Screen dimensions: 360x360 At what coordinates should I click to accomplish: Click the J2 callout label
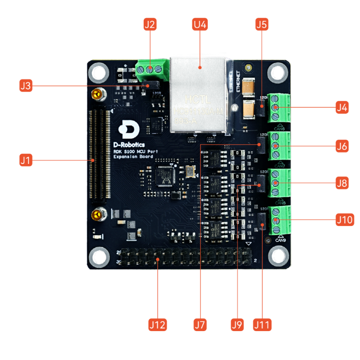(149, 24)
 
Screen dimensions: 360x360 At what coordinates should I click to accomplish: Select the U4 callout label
(200, 24)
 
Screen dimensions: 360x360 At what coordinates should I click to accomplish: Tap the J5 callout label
(261, 24)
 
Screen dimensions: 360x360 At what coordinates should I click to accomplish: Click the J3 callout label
(25, 85)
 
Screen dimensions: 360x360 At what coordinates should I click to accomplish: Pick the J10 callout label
(344, 220)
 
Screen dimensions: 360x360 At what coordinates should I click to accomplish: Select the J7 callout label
(201, 323)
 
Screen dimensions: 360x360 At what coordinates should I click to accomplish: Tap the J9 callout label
(237, 323)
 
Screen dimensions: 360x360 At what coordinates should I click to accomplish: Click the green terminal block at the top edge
(151, 69)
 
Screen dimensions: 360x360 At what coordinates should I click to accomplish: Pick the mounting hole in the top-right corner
(277, 72)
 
